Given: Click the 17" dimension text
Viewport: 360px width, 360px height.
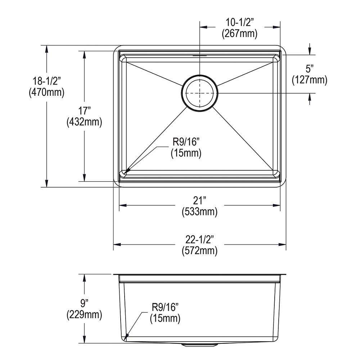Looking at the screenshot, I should pos(84,111).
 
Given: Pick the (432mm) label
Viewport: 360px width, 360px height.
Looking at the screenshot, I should pos(84,122).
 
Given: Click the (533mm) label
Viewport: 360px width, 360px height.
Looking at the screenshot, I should pos(199,212).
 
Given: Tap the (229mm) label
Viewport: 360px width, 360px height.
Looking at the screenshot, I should pos(84,315).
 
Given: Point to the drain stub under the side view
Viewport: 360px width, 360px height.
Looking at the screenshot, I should pos(200,345).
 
